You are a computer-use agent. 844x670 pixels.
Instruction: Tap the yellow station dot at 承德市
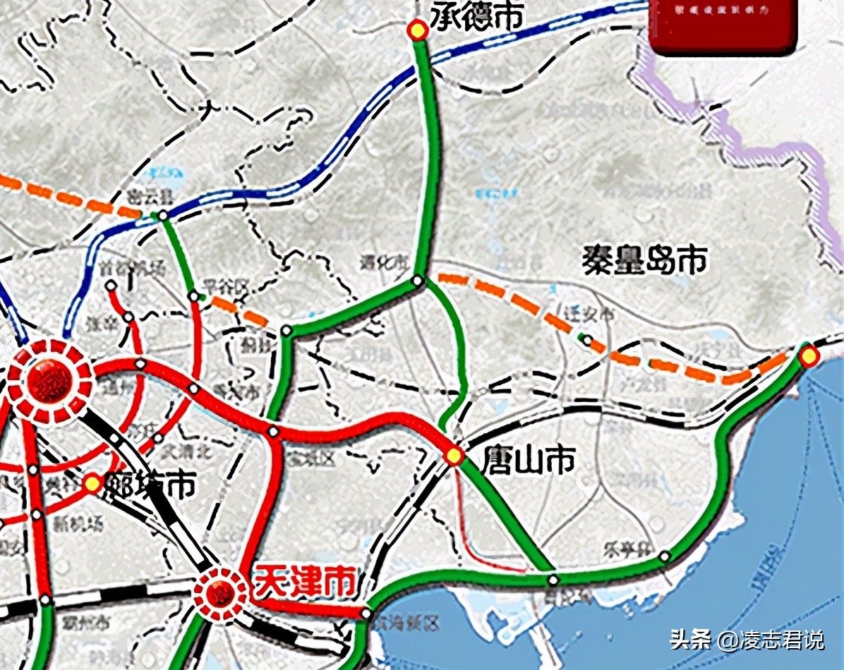coord(418,30)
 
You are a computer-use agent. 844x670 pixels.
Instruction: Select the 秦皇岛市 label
coord(644,260)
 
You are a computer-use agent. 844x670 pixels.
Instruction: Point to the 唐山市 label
coord(527,461)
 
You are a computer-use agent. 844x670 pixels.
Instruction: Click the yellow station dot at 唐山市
coord(454,456)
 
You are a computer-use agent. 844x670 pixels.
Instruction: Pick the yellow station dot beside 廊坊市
coord(92,484)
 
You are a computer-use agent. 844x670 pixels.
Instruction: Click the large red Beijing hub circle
coord(50,382)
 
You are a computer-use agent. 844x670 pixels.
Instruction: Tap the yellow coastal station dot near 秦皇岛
coord(809,356)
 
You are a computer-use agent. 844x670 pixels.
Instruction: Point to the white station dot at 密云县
coord(163,215)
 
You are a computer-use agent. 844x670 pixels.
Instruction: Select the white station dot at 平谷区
coord(193,296)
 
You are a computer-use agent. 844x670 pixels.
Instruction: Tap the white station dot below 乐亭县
coord(664,557)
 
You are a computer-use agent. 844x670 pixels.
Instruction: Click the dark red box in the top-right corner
coord(723,25)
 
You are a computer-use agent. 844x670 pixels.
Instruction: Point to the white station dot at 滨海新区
coord(366,614)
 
